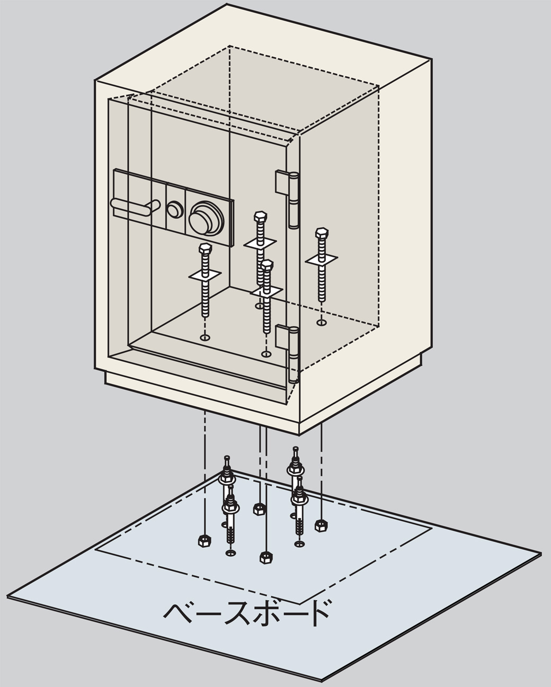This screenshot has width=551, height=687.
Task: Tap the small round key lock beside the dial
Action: point(174,209)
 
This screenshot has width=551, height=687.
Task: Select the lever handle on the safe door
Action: point(134,206)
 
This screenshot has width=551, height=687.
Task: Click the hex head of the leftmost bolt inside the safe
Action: point(205,248)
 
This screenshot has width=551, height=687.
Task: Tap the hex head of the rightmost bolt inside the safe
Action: point(322,233)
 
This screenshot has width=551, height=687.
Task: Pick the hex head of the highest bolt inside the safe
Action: point(260,216)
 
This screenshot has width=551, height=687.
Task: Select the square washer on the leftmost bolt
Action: point(205,275)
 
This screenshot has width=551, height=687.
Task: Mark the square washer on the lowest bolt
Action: point(266,290)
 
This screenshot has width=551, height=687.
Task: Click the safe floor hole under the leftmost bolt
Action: point(205,337)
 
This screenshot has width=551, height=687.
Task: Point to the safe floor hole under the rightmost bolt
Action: point(322,323)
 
